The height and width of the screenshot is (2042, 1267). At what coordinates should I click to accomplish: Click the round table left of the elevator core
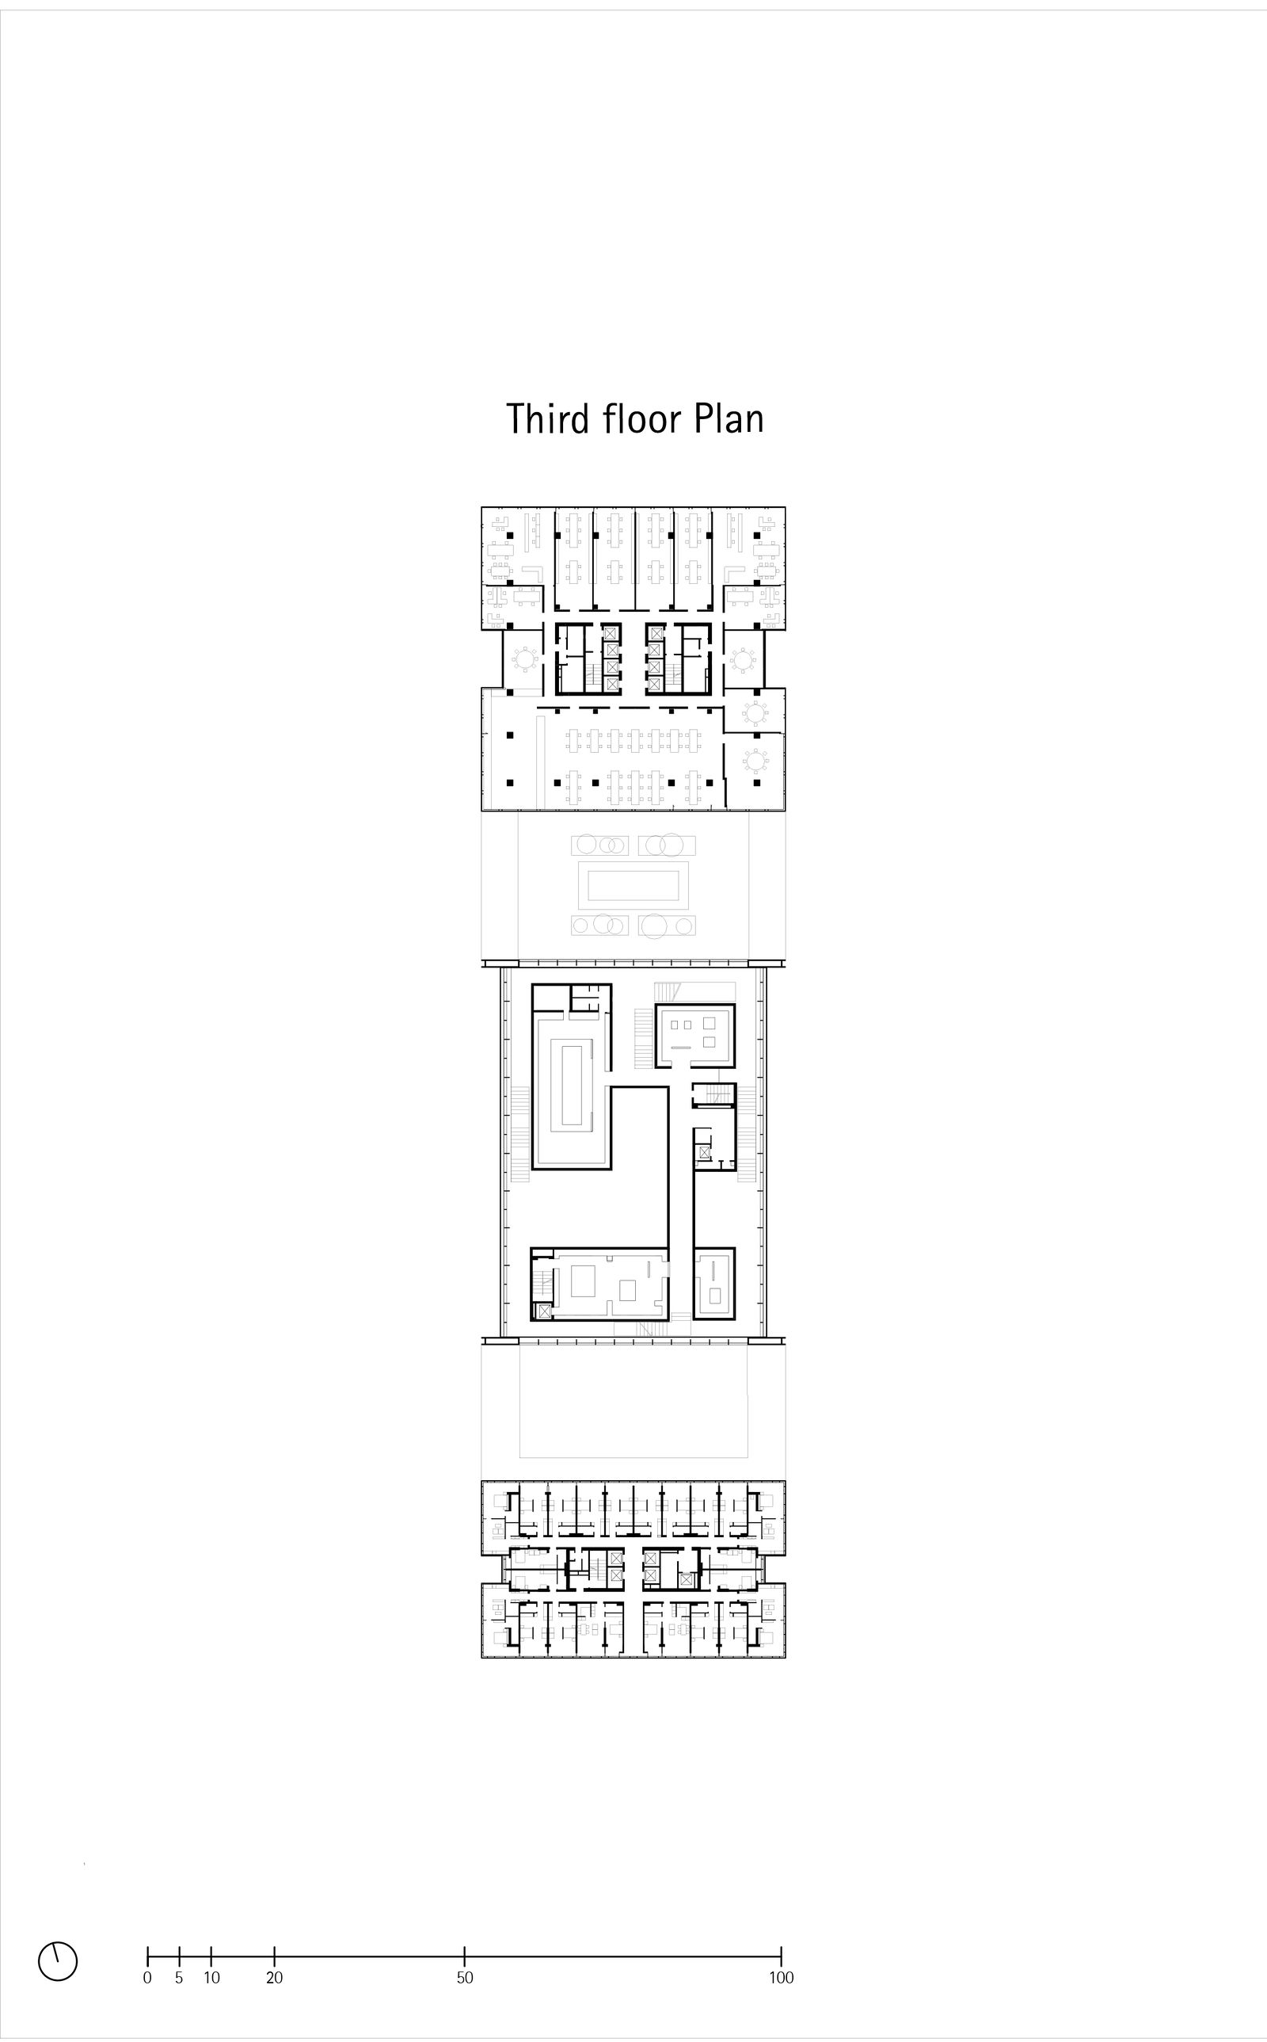click(525, 660)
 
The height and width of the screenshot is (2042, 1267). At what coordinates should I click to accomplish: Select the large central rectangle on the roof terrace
click(633, 885)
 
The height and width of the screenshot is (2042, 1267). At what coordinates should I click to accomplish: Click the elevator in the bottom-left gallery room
click(545, 1312)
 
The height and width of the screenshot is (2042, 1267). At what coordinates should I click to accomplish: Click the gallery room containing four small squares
click(694, 1035)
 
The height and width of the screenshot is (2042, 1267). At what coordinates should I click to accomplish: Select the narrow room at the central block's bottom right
click(714, 1284)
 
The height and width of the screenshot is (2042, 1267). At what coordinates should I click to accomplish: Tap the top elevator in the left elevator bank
click(611, 632)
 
